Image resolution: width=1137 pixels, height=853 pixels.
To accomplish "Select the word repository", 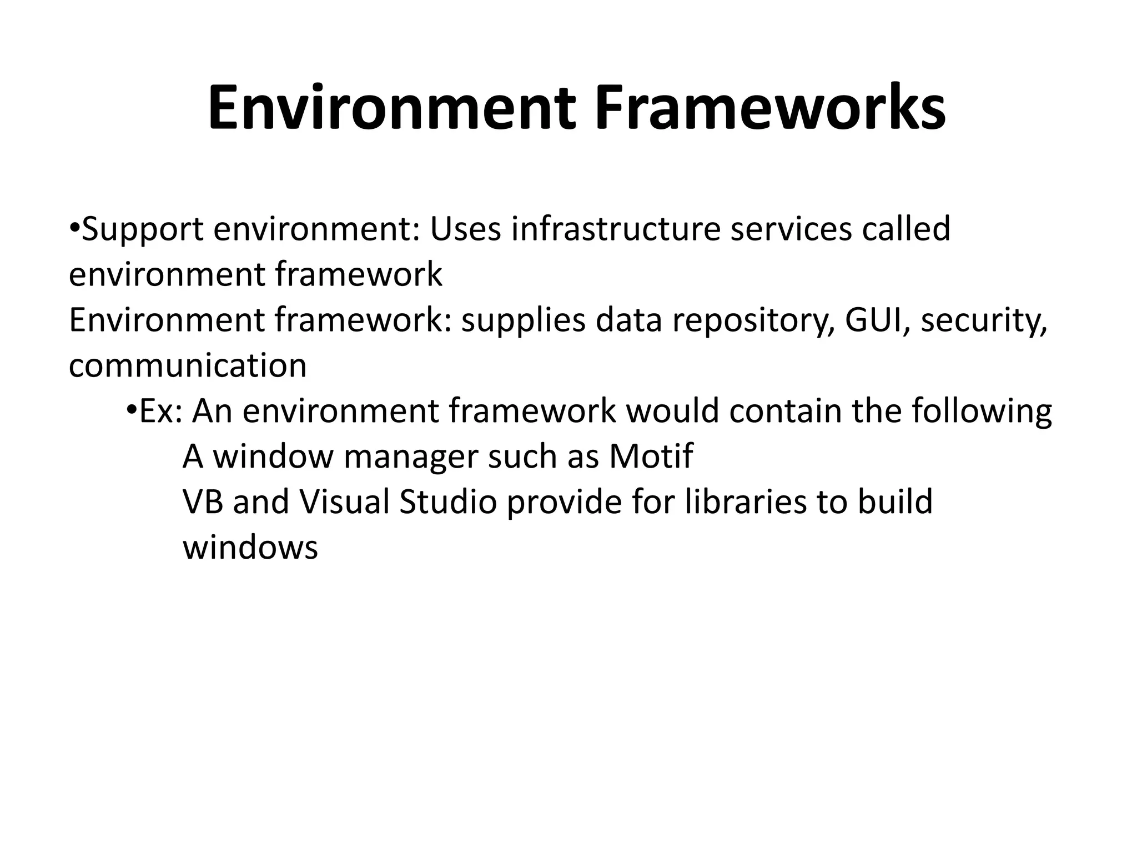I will pyautogui.click(x=753, y=322).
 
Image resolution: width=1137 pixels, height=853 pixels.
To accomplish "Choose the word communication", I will pyautogui.click(x=188, y=366).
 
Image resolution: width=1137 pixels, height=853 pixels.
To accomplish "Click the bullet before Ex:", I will pyautogui.click(x=132, y=410).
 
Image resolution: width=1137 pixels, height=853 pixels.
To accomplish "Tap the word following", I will pyautogui.click(x=982, y=413).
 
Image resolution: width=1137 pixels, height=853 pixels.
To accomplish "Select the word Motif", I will pyautogui.click(x=651, y=456).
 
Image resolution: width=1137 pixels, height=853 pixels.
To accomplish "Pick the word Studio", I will pyautogui.click(x=448, y=502).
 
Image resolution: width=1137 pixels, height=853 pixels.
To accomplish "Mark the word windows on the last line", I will pyautogui.click(x=250, y=548).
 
